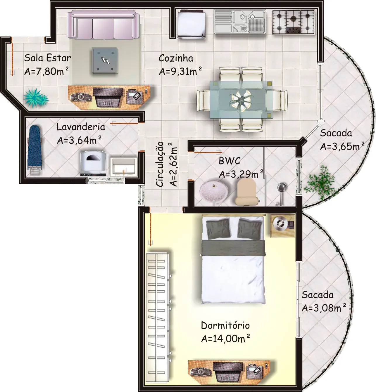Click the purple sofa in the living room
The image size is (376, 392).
(x=103, y=24)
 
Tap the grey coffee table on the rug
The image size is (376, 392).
(x=105, y=61)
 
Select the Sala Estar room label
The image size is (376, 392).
(x=48, y=58)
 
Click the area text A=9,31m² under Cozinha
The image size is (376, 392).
(x=180, y=71)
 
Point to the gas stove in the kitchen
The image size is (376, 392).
(x=293, y=22)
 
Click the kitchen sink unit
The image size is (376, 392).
(x=240, y=22)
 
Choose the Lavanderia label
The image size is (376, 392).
(x=81, y=127)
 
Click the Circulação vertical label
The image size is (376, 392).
(x=160, y=164)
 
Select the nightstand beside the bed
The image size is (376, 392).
(x=282, y=226)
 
